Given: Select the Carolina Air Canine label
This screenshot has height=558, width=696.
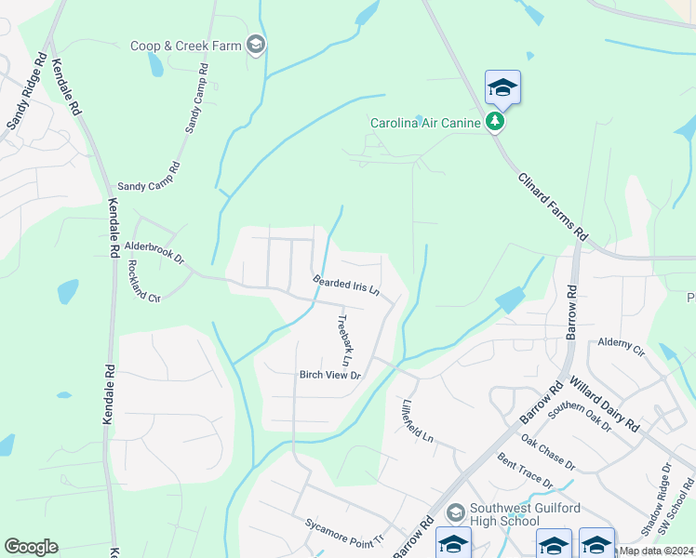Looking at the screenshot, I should pyautogui.click(x=425, y=122).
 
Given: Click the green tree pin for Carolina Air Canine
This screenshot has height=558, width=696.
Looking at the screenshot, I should pyautogui.click(x=496, y=122).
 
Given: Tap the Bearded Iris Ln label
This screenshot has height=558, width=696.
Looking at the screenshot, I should pyautogui.click(x=346, y=286).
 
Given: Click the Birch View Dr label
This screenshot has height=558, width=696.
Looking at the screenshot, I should pyautogui.click(x=329, y=375).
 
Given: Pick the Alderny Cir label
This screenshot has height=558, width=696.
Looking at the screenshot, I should pyautogui.click(x=621, y=347).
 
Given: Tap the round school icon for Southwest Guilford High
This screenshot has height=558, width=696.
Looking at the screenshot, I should pyautogui.click(x=456, y=512).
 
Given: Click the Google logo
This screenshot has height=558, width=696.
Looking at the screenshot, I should pyautogui.click(x=31, y=547).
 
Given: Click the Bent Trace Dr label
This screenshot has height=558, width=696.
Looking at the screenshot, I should pyautogui.click(x=525, y=472).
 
